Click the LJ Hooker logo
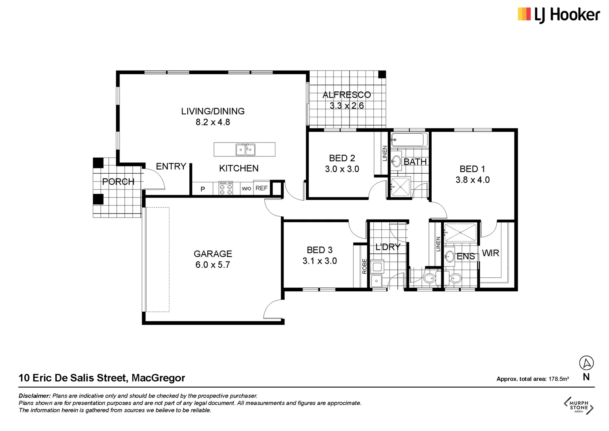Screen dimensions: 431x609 [558, 15]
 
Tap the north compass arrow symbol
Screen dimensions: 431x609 [586, 363]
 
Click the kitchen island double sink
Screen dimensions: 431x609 [245, 150]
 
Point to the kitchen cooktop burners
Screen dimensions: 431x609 [226, 189]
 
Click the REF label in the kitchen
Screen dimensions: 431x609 [261, 188]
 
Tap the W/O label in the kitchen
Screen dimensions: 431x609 [246, 189]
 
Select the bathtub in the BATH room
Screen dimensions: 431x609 [409, 140]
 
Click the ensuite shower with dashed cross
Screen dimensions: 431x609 [460, 233]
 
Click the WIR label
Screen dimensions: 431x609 [490, 253]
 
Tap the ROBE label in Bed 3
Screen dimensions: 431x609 [364, 266]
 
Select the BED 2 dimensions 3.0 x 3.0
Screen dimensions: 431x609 [342, 169]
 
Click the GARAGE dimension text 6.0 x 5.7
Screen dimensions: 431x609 [212, 265]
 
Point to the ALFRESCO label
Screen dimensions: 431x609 [346, 95]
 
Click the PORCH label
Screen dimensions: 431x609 [118, 182]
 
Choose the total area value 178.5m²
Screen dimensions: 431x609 [558, 379]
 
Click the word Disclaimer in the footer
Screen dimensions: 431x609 [35, 396]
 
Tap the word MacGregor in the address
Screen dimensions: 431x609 [158, 378]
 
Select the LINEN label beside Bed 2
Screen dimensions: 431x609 [385, 153]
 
